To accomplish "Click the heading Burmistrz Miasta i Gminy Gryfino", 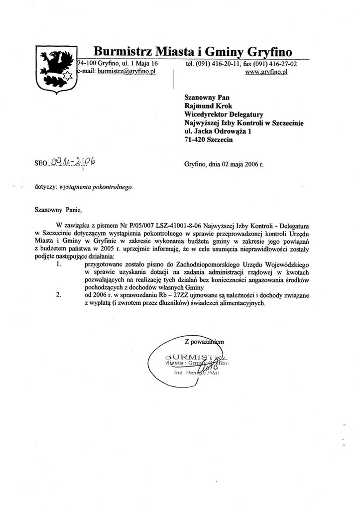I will click(x=193, y=51).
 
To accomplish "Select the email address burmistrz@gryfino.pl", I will click(x=126, y=71).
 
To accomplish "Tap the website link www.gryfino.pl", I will click(x=267, y=72).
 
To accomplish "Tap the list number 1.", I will click(x=59, y=264).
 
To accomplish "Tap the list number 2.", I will click(x=59, y=295).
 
